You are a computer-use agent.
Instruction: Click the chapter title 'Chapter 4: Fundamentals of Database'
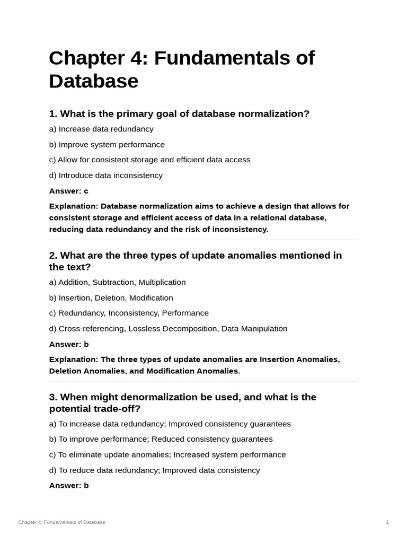click(181, 69)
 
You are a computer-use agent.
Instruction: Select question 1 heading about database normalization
click(179, 114)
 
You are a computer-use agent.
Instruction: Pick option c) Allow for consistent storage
click(149, 160)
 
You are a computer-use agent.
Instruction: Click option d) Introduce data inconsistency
click(105, 175)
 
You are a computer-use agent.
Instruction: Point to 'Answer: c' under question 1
click(68, 191)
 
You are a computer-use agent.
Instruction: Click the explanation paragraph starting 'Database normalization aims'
click(199, 217)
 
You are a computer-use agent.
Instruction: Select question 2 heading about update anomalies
click(195, 261)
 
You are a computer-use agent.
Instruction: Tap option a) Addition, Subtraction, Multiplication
click(117, 282)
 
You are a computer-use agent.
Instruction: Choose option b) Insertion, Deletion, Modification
click(111, 297)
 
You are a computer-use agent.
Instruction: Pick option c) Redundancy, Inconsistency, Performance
click(129, 313)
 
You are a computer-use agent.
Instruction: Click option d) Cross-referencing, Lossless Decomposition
click(168, 328)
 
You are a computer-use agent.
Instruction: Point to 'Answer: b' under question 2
click(68, 344)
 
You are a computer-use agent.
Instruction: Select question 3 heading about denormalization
click(182, 402)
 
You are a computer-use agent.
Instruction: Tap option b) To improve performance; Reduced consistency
click(161, 439)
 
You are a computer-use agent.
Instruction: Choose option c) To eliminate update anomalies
click(167, 454)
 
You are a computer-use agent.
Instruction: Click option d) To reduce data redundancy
click(154, 470)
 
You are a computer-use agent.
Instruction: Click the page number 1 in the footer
click(387, 522)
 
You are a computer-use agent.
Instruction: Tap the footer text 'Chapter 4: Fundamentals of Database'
click(61, 522)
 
